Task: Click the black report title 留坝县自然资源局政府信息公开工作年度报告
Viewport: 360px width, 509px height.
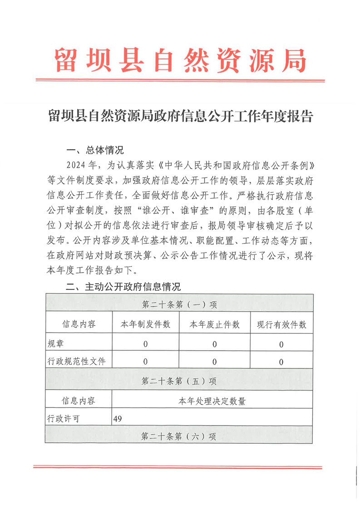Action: [x=180, y=117]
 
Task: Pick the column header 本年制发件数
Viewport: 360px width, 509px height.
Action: [x=145, y=324]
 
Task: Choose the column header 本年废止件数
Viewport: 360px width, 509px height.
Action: [x=214, y=324]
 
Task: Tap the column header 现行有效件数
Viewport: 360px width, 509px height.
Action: [x=281, y=324]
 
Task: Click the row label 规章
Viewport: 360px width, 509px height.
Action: [x=56, y=344]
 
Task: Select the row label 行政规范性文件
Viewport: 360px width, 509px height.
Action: [x=76, y=362]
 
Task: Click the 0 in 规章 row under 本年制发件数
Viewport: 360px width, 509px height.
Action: [x=145, y=344]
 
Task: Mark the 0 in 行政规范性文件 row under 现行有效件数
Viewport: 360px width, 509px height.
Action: [x=281, y=362]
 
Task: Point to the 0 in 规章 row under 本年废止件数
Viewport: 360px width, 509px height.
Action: [x=214, y=344]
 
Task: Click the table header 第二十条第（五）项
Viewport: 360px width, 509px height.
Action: [x=179, y=381]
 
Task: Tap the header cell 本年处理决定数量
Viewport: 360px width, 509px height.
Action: [x=212, y=401]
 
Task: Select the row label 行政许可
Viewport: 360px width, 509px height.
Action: [x=63, y=419]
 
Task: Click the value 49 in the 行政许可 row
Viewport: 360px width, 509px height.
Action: [x=118, y=419]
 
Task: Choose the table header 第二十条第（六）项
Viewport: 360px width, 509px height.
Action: [x=179, y=436]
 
